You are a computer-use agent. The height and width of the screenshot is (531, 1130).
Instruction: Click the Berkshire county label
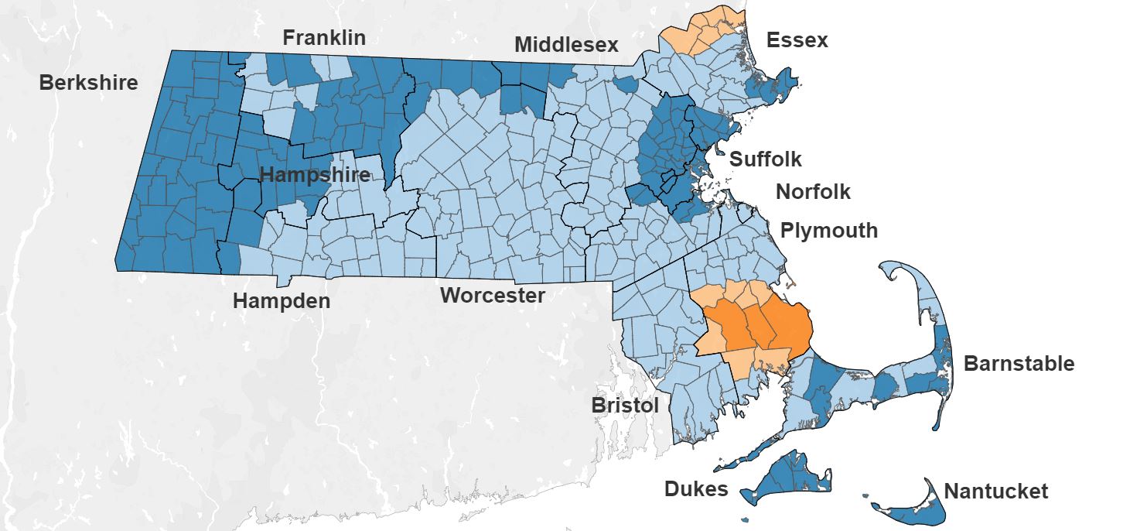point(88,83)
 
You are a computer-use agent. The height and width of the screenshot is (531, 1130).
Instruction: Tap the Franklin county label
point(324,38)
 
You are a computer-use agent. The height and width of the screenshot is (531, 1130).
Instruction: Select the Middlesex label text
point(566,45)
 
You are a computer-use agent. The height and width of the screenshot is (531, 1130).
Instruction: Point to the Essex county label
point(797,40)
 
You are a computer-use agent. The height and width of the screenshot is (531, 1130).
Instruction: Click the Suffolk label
point(766,159)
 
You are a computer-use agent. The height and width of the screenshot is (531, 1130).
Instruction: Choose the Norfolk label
point(813,191)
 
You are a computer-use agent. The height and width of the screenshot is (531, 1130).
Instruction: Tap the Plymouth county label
point(828,231)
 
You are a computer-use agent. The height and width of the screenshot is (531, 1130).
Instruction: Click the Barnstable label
point(1019,363)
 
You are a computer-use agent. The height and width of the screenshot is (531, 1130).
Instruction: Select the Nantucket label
point(996,491)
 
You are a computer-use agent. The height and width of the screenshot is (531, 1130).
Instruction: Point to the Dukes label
point(696,488)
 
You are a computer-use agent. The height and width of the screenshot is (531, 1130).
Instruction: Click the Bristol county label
point(625,405)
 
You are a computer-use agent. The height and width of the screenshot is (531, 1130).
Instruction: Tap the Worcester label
point(493,295)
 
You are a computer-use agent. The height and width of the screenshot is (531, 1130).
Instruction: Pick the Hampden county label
point(282,301)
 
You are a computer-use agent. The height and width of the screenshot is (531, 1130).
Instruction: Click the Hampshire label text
point(315,175)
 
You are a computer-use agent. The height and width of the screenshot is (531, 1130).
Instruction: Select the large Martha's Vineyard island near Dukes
point(789,476)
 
